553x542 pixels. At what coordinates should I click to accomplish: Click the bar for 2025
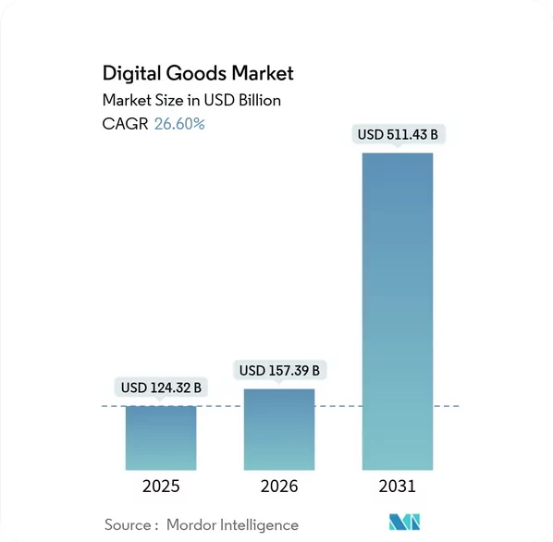[161, 438]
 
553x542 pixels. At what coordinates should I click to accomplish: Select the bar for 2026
[279, 430]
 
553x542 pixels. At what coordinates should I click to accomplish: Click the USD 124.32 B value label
[161, 388]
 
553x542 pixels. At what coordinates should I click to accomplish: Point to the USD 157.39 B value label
[279, 371]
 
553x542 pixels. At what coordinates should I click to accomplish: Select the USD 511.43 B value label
[398, 136]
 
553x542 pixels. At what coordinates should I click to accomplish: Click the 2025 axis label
[161, 487]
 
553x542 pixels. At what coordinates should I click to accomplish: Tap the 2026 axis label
[279, 487]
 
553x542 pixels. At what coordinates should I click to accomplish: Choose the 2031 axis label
[398, 487]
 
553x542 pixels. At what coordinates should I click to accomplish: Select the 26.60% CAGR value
[179, 123]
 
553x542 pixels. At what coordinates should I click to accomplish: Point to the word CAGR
[126, 123]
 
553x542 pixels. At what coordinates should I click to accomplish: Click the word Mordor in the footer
[198, 524]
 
